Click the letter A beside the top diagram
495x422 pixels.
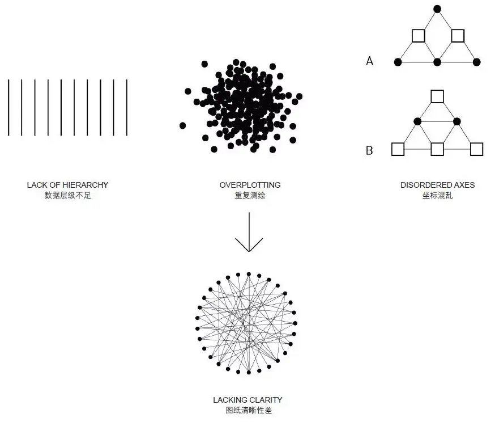[x=370, y=61]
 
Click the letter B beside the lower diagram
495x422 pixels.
[x=369, y=151]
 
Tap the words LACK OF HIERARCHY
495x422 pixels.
[x=67, y=185]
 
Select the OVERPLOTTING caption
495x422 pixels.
[x=250, y=185]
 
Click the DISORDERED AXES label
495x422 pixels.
[x=437, y=185]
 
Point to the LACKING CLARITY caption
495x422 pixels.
[x=247, y=400]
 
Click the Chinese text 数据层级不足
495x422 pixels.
[x=67, y=195]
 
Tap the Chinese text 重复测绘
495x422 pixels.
[x=250, y=195]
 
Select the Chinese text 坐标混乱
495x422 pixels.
[x=437, y=195]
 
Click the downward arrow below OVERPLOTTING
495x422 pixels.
[x=249, y=233]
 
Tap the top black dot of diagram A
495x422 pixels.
[x=437, y=9]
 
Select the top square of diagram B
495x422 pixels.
[x=437, y=96]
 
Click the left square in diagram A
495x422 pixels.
[x=418, y=36]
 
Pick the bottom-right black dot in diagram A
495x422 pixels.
[x=476, y=61]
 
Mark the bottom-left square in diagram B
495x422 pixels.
[x=397, y=149]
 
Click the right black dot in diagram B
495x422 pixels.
[x=456, y=121]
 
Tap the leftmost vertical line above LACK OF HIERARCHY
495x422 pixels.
[x=8, y=108]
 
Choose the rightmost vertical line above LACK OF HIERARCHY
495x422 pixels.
[x=127, y=108]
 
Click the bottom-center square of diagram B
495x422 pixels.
[x=437, y=149]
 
